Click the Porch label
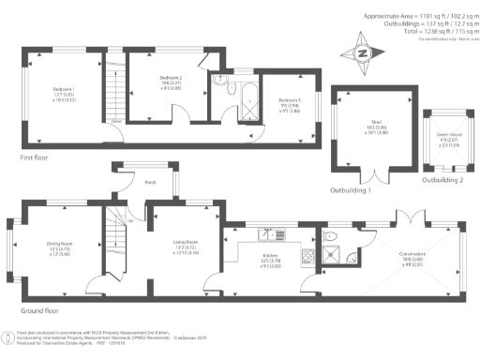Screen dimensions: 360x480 coord(149,184)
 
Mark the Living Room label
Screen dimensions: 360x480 coord(186,247)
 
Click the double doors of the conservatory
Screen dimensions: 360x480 coord(414,217)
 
